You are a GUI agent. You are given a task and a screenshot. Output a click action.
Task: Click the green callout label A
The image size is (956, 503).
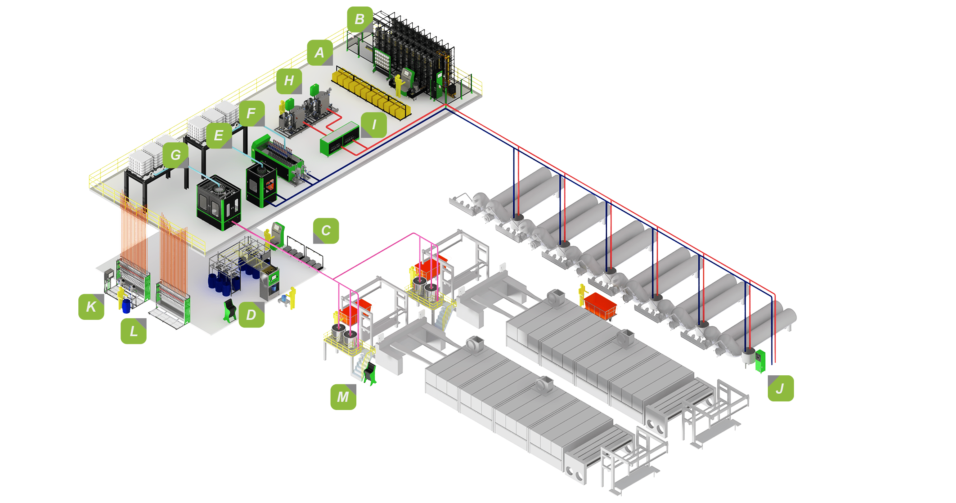pyautogui.click(x=320, y=53)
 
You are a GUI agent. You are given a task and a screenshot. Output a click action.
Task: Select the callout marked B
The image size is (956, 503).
pyautogui.click(x=360, y=19)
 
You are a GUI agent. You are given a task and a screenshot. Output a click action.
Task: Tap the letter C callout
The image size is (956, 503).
pyautogui.click(x=326, y=231)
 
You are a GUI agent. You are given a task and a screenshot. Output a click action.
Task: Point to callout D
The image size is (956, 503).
pyautogui.click(x=251, y=315)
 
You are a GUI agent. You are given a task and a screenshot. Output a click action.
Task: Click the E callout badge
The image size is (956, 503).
pyautogui.click(x=219, y=135)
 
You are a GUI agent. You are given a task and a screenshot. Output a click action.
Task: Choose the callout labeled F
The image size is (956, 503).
pyautogui.click(x=252, y=113)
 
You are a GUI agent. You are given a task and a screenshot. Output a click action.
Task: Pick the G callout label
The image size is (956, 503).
pyautogui.click(x=176, y=155)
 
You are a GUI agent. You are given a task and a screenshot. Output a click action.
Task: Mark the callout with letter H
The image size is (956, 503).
pyautogui.click(x=289, y=81)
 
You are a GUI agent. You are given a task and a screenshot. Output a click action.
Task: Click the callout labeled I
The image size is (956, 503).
pyautogui.click(x=374, y=125)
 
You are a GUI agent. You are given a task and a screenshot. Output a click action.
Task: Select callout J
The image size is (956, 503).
pyautogui.click(x=781, y=388)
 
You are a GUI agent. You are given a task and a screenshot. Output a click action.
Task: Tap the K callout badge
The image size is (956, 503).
pyautogui.click(x=91, y=307)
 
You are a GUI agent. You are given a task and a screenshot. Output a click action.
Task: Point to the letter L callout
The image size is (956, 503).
pyautogui.click(x=133, y=331)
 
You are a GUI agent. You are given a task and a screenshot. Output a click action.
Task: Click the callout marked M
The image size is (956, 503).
pyautogui.click(x=343, y=397)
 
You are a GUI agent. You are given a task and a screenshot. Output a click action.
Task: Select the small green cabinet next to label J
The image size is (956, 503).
pyautogui.click(x=760, y=361)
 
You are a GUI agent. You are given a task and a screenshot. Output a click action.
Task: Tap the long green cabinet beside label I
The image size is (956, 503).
pyautogui.click(x=340, y=139)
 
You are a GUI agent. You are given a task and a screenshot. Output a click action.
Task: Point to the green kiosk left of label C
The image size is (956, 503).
pyautogui.click(x=278, y=234)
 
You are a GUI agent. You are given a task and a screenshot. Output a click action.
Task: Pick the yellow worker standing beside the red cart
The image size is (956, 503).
pyautogui.click(x=582, y=295)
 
